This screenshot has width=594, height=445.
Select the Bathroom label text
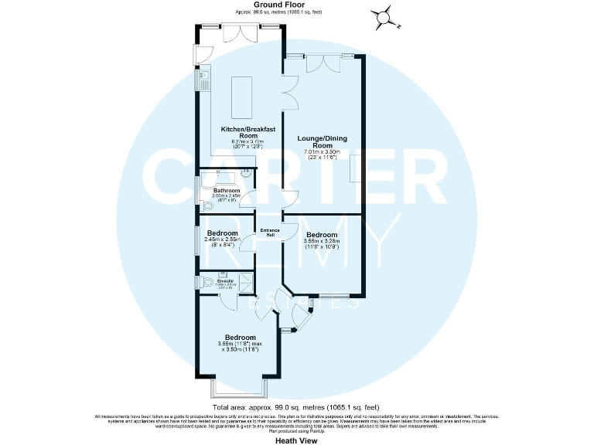pos(227,190)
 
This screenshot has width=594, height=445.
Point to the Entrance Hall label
pos(270,232)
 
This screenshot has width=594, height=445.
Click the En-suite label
pos(225,280)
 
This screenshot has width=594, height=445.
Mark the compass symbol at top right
pos(381,16)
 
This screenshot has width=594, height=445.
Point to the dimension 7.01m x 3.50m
pos(322,153)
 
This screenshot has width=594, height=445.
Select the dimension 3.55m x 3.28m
pos(322,242)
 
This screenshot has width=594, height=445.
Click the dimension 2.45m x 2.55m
pos(222,240)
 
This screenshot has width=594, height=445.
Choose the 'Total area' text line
pos(296,406)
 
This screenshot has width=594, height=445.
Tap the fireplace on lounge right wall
pos(355,168)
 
